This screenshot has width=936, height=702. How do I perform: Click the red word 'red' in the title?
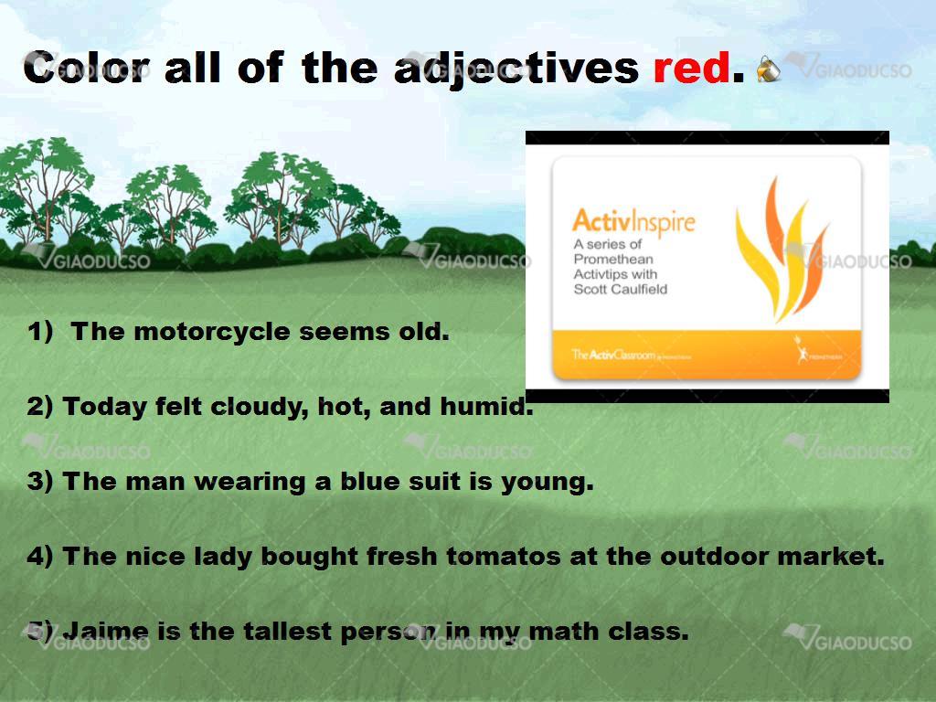click(691, 68)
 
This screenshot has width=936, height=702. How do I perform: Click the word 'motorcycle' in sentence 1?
click(212, 332)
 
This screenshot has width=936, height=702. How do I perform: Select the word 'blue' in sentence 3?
click(366, 481)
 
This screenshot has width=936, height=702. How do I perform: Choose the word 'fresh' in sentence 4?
click(402, 557)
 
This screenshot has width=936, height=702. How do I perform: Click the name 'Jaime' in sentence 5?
click(106, 631)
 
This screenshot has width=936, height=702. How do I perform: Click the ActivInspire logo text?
click(634, 221)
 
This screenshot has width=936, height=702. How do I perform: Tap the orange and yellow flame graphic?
click(781, 250)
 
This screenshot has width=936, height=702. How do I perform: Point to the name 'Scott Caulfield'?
click(621, 290)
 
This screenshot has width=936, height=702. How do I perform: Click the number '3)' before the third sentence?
click(40, 482)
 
